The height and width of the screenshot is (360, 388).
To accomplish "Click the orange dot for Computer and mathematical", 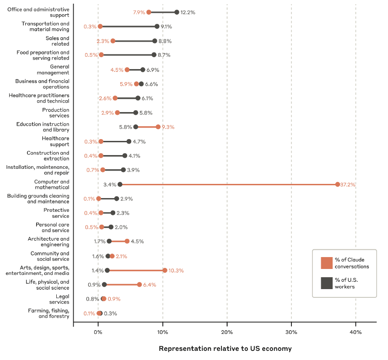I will [338, 184].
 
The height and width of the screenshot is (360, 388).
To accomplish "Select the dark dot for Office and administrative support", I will [177, 12].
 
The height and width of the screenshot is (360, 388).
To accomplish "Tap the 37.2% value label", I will [348, 184].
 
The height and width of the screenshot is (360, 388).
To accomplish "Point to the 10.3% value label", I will [176, 270].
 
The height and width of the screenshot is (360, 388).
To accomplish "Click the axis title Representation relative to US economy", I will [225, 349].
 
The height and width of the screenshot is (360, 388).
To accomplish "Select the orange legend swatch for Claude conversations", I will [327, 263].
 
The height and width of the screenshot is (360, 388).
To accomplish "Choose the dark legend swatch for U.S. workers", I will [327, 284].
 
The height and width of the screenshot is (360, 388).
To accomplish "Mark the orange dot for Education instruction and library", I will [158, 127].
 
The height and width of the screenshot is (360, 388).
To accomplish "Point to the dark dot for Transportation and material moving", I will [157, 27].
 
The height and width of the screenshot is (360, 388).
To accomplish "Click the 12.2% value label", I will [188, 12].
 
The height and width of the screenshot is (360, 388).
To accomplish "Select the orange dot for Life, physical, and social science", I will [140, 285].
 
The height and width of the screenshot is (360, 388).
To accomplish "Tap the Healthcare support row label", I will [55, 141].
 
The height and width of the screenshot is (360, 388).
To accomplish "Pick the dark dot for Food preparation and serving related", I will [154, 55].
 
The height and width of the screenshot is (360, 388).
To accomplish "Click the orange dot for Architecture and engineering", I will [127, 242].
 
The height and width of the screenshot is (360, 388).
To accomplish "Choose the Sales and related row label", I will [57, 41].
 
